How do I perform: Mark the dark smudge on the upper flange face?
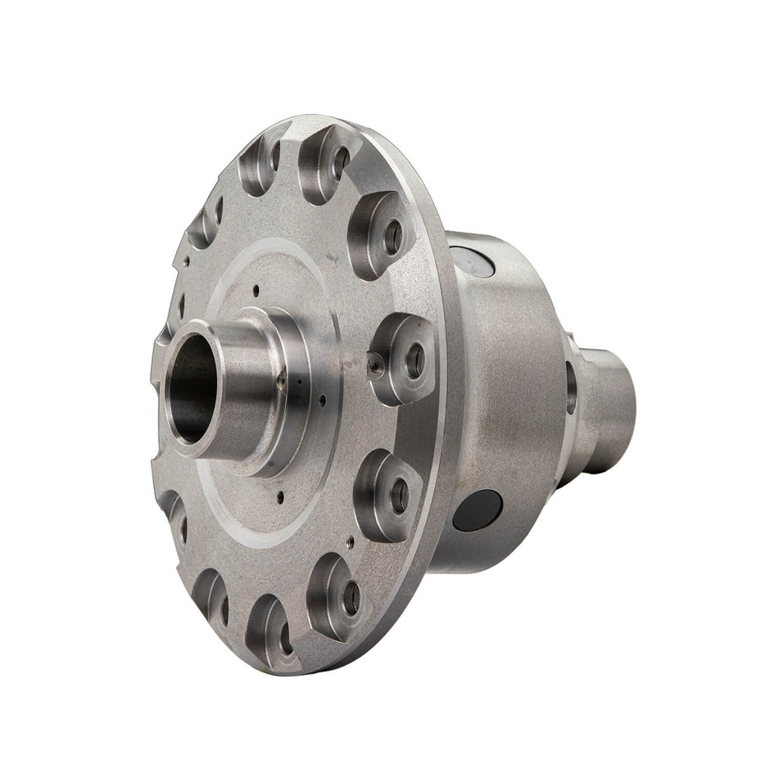click(x=333, y=256)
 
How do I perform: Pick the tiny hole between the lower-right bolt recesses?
click(x=351, y=541)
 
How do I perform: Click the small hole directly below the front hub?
click(x=281, y=495)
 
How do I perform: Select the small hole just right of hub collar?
click(x=324, y=400)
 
